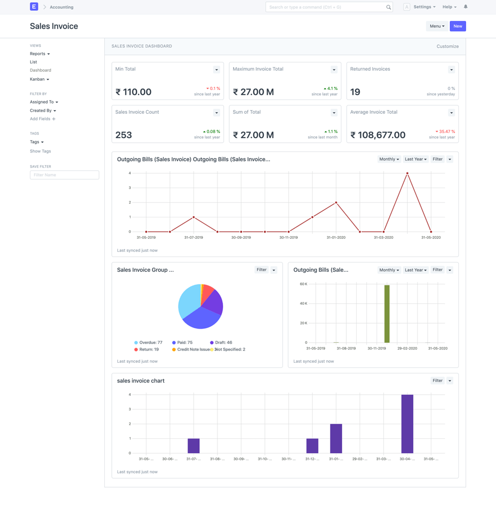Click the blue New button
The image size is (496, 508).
click(457, 26)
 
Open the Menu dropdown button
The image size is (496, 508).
click(437, 26)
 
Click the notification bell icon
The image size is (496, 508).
click(466, 7)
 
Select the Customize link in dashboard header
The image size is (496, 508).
click(447, 46)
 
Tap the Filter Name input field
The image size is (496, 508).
click(64, 175)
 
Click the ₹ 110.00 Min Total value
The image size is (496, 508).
click(133, 92)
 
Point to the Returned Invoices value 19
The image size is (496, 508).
click(355, 92)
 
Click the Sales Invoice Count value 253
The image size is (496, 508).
click(123, 135)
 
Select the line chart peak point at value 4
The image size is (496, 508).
click(407, 173)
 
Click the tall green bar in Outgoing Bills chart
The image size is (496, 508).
click(387, 313)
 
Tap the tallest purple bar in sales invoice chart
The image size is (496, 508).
click(407, 424)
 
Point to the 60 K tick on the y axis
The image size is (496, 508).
click(303, 284)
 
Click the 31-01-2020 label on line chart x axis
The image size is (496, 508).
click(336, 237)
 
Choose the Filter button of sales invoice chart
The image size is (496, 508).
click(437, 380)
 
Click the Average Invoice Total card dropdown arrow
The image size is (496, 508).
click(451, 113)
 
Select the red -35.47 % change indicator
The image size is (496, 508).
click(445, 132)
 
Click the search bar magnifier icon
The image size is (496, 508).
click(388, 7)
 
